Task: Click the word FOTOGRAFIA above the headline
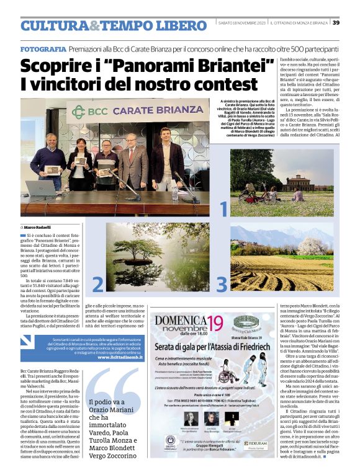(x=43, y=48)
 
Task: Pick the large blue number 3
(x=221, y=283)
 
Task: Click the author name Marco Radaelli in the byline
(x=38, y=227)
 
